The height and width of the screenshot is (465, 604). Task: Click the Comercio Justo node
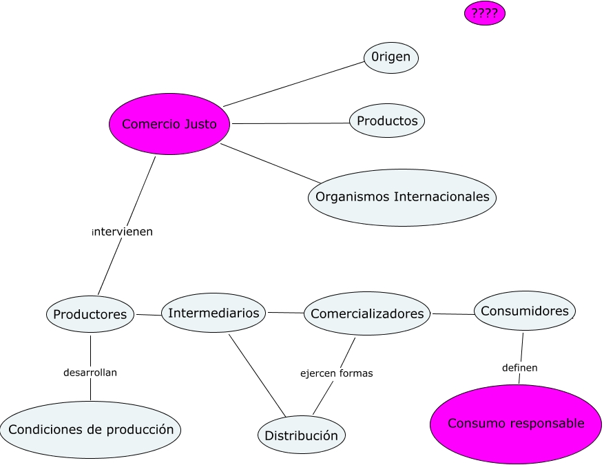click(169, 124)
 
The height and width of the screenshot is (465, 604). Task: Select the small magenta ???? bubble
click(485, 13)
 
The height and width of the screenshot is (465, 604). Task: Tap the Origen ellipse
click(390, 58)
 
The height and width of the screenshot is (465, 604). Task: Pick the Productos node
click(387, 121)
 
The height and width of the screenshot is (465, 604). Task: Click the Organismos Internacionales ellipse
click(402, 197)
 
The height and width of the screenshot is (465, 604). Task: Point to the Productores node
click(90, 314)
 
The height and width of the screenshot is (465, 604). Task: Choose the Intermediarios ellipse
click(214, 313)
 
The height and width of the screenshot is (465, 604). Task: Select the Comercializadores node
click(367, 314)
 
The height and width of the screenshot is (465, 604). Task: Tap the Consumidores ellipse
click(524, 311)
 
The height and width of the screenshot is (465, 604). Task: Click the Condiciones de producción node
click(91, 430)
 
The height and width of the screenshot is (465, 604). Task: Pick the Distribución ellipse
click(302, 435)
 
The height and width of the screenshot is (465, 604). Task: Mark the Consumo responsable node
click(515, 424)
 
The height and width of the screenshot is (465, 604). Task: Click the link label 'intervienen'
click(123, 232)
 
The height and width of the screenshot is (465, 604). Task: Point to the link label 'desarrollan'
click(90, 373)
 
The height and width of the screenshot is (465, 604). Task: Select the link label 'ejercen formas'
click(336, 373)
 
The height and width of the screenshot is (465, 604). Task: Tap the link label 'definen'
click(520, 368)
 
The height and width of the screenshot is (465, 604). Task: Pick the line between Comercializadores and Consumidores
click(452, 314)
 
